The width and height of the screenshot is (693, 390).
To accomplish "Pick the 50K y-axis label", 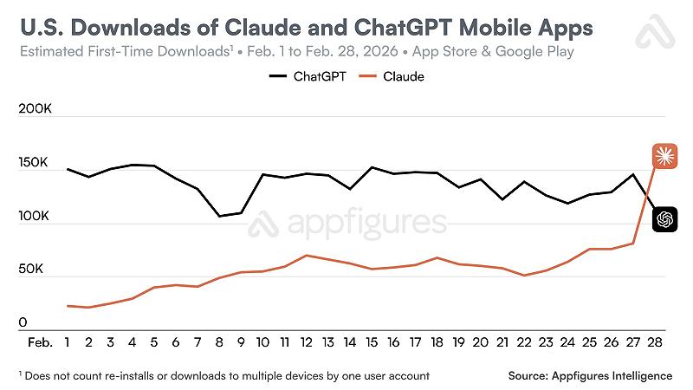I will (x=33, y=270).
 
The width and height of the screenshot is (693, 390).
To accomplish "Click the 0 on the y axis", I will (x=22, y=322).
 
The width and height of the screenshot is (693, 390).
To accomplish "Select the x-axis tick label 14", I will (x=349, y=343).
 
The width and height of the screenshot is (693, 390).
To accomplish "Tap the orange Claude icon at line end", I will (x=664, y=156).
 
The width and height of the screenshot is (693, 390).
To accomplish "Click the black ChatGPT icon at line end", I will (x=664, y=220).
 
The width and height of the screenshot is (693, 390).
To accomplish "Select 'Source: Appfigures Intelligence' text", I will (x=590, y=375).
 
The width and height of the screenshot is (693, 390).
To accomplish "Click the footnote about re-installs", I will (x=223, y=375).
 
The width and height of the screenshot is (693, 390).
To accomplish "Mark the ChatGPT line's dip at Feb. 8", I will (x=220, y=216).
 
